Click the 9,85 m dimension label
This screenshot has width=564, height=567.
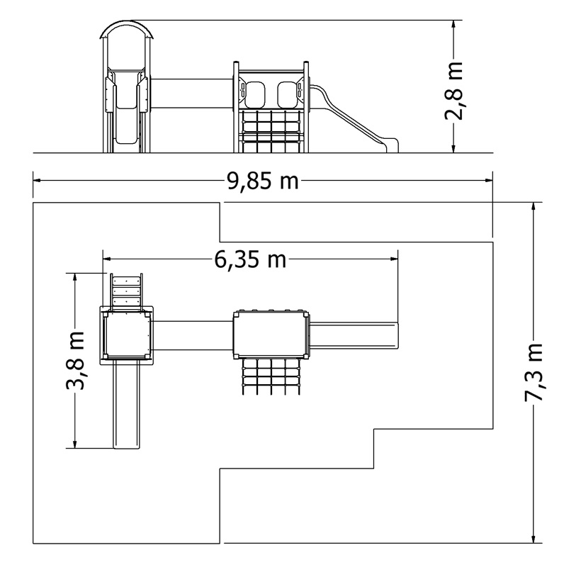coord(263,181)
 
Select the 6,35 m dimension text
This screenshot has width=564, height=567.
coord(250,259)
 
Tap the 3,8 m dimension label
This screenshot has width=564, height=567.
coord(76,360)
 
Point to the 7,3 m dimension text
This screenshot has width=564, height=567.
coord(534,372)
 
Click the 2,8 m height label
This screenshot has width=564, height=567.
coord(453,91)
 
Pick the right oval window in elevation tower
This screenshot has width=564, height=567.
coord(288,94)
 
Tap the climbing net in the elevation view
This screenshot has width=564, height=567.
coord(271,131)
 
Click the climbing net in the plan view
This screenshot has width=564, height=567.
coord(271,376)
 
